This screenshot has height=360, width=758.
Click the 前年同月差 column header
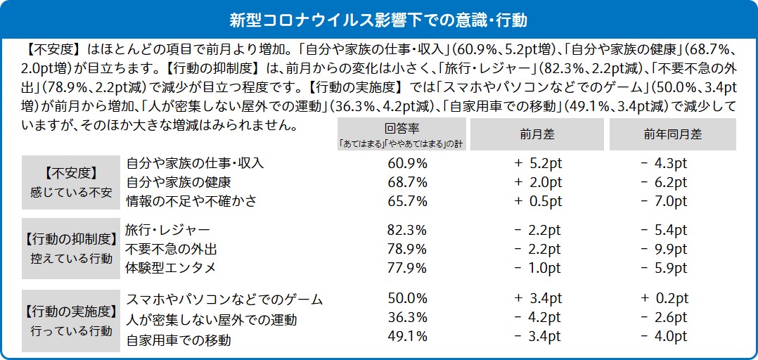coord(672,134)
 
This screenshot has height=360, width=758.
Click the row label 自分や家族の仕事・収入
coord(195,163)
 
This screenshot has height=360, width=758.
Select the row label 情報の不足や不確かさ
coord(191,201)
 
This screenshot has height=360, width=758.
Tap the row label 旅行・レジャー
coord(167,230)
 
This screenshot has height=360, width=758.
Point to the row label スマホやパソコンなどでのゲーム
coord(224,299)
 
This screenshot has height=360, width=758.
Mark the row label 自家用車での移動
coord(178,339)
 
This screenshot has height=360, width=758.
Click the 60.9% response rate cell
coord(407,163)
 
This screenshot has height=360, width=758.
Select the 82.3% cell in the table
coord(407,230)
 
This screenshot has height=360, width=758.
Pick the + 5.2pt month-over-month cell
coord(538,163)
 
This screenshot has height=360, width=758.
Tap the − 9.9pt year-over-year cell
coord(664,249)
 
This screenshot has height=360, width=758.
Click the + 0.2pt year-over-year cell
coord(664,299)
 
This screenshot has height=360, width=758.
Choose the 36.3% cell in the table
coord(407,318)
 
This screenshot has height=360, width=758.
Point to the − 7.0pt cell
coord(664,201)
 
